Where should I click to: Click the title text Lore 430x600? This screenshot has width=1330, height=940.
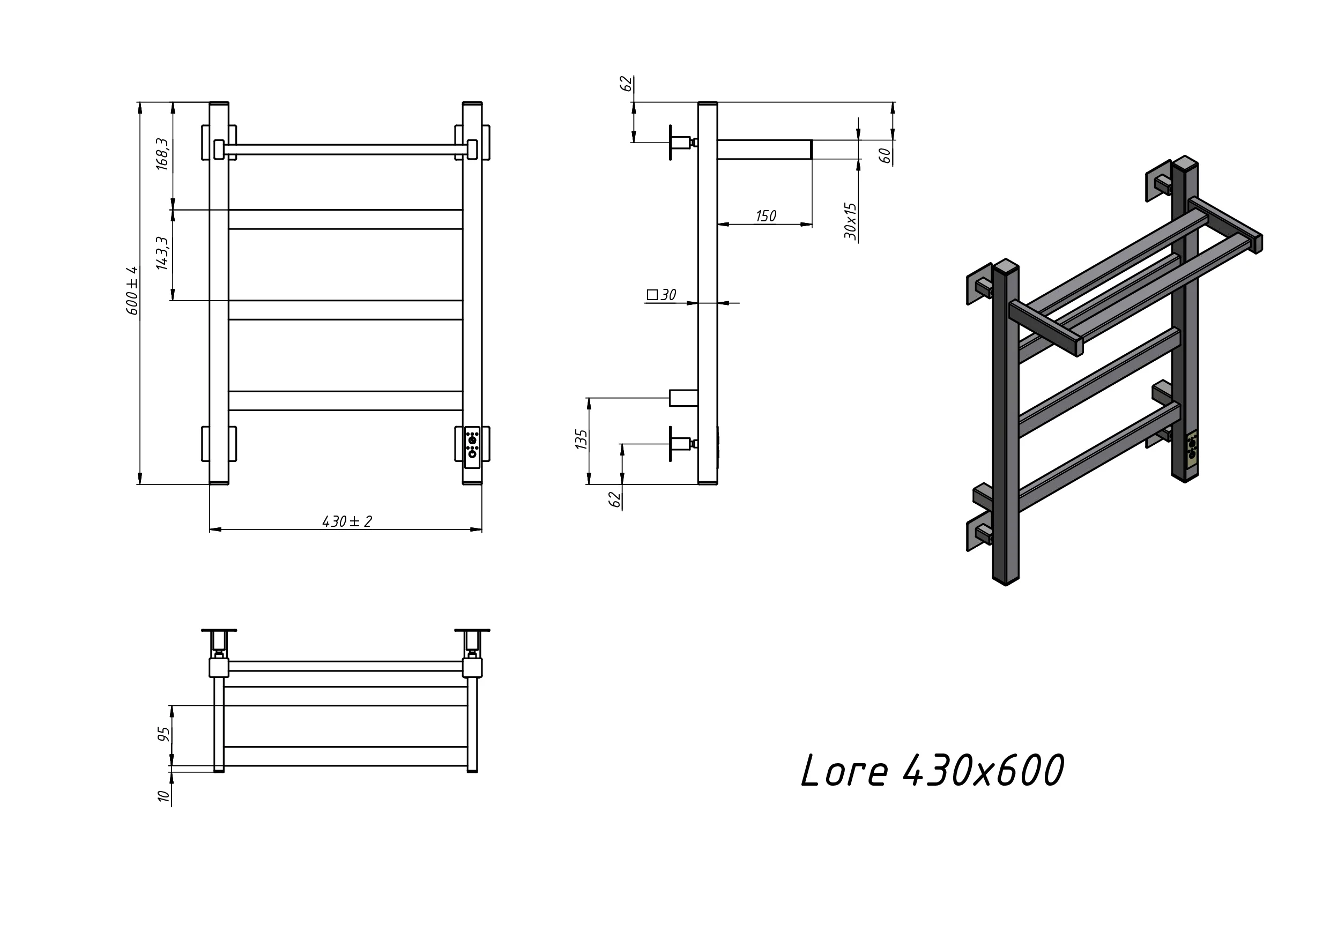[933, 771]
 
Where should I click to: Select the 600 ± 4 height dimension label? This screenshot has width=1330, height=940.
[132, 291]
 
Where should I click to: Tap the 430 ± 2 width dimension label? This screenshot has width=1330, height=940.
[347, 521]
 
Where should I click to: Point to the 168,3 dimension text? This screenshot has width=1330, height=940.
[163, 154]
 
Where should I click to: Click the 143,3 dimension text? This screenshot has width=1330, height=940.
[163, 253]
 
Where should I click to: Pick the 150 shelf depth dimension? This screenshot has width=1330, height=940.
[766, 216]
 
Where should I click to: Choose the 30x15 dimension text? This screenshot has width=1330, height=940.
[850, 221]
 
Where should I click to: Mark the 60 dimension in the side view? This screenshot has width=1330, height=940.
[885, 155]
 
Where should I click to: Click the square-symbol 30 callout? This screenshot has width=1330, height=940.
[662, 295]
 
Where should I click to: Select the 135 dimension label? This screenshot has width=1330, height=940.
[581, 439]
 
